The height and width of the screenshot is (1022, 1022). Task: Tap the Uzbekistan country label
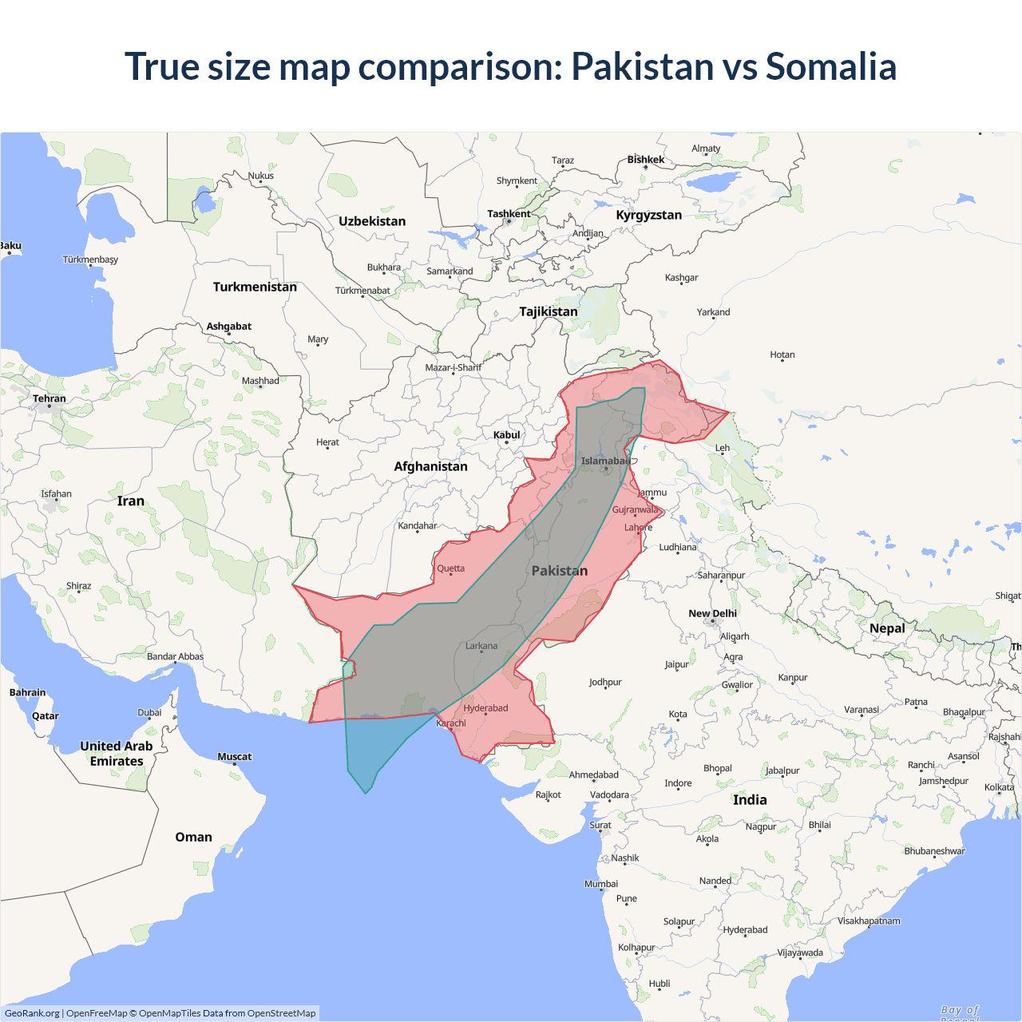[372, 221]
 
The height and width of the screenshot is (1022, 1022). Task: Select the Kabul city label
[506, 435]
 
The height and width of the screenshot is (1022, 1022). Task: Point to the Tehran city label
[50, 398]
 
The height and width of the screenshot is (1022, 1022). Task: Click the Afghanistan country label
[430, 466]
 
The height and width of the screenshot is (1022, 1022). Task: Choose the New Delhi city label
[712, 613]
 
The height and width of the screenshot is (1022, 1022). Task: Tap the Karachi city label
[451, 723]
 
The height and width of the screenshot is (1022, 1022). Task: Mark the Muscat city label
[234, 756]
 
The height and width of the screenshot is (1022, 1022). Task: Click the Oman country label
[193, 837]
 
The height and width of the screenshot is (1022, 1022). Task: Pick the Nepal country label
[887, 628]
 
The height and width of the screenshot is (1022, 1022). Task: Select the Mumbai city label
[601, 884]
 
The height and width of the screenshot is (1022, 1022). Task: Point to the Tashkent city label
[509, 214]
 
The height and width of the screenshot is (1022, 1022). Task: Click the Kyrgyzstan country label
[648, 215]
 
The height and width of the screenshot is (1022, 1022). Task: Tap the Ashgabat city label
[228, 326]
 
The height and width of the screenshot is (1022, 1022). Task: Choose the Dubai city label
[149, 712]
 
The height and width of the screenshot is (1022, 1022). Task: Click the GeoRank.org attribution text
[32, 1013]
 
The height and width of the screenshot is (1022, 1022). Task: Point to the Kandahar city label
[418, 525]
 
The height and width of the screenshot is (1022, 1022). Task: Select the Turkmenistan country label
[255, 287]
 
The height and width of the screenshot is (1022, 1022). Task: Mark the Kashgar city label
[681, 278]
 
